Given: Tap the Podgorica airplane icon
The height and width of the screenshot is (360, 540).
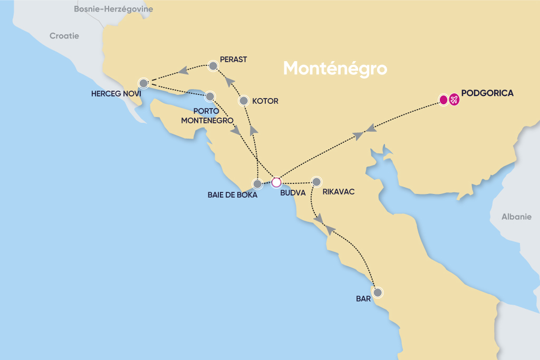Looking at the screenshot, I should click(454, 99).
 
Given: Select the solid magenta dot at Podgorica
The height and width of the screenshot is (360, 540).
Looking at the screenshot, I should click(443, 99).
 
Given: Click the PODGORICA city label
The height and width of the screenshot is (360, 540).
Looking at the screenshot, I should click(487, 93).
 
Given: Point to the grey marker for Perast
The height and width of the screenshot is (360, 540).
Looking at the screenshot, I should click(213, 66).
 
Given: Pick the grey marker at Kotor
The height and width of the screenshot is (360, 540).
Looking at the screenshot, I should click(244, 100).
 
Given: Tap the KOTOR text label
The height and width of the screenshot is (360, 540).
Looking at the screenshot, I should click(266, 101).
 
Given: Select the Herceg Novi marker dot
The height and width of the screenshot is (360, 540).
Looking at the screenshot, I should click(143, 83).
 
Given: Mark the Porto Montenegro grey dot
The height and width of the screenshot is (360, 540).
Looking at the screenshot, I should click(210, 96).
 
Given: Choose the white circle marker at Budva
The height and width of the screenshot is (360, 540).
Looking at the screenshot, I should click(275, 183).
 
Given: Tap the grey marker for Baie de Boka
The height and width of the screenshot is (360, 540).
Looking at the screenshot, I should click(257, 184).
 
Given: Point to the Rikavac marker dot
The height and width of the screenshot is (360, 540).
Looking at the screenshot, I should click(316, 182).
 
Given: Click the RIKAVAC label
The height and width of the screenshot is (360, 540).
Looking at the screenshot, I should click(338, 192).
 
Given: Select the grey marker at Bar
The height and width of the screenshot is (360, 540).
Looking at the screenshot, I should click(377, 292).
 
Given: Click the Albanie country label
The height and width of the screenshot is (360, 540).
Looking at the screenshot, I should click(516, 217).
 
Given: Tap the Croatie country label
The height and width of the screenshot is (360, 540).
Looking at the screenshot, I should click(64, 36).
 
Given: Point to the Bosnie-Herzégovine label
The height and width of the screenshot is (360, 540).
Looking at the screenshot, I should click(113, 9).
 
